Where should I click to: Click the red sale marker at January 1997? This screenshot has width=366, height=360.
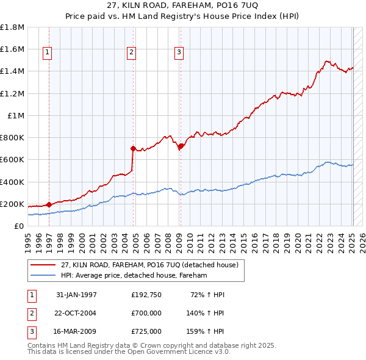coord(49,205)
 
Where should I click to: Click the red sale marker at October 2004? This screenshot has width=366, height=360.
coord(132,148)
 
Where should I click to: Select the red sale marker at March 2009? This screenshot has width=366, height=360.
coord(181,146)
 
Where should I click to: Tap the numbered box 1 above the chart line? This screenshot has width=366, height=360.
coord(48,53)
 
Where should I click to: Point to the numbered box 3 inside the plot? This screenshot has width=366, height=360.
coord(179,53)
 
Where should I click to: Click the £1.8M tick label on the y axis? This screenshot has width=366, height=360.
coord(12,27)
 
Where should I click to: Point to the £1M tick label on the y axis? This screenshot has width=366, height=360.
coord(16,115)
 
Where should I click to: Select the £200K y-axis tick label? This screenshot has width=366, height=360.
coord(12,204)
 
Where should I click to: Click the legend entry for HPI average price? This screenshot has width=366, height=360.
coord(134,275)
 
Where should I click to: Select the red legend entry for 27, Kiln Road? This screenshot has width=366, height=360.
coord(152,265)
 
